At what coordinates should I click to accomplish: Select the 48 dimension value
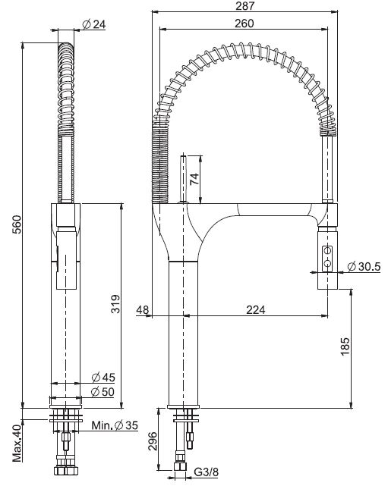pyautogui.click(x=142, y=309)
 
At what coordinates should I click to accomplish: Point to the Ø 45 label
pyautogui.click(x=103, y=377)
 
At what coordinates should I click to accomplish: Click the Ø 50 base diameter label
pyautogui.click(x=103, y=391)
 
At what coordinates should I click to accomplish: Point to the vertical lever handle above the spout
pyautogui.click(x=183, y=180)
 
